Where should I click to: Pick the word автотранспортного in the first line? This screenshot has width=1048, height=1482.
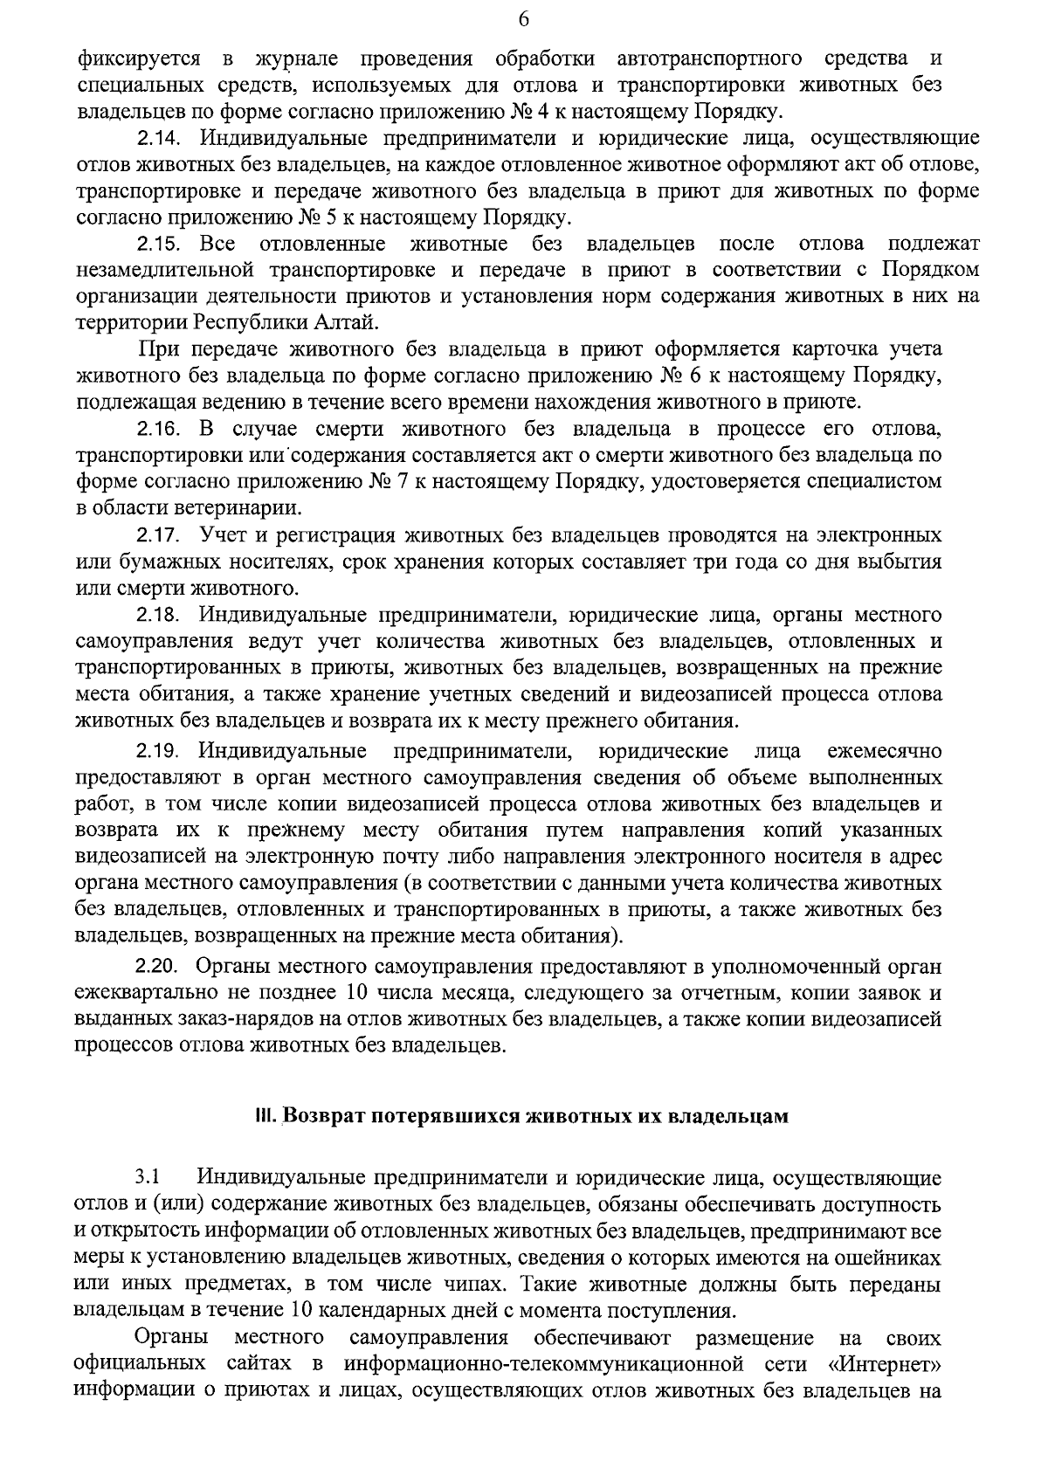pos(709,59)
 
